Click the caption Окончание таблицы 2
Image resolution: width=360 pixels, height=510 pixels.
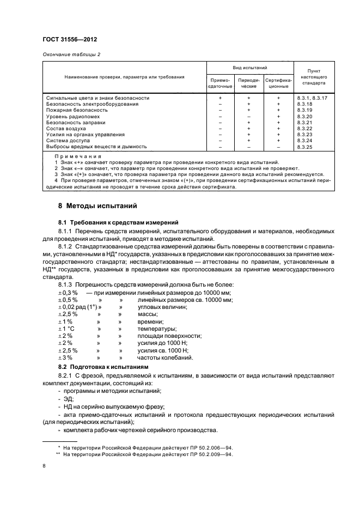coord(71,54)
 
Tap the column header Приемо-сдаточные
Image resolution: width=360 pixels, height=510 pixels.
coord(220,83)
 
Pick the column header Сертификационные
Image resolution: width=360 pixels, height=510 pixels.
coord(278,83)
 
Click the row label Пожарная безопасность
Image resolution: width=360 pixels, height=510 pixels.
coord(77,110)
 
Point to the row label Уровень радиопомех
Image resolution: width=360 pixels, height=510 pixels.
coord(74,116)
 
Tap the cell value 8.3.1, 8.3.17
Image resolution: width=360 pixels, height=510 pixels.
coord(313,98)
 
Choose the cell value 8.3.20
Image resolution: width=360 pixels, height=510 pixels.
coord(306,116)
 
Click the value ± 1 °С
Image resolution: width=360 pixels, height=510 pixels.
coord(68,329)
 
